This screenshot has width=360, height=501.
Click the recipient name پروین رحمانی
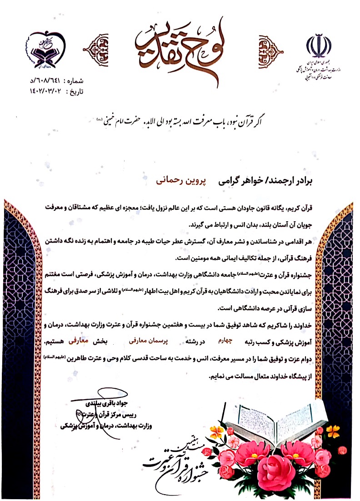pos(179,180)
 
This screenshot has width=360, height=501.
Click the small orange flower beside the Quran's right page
pos(333,430)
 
